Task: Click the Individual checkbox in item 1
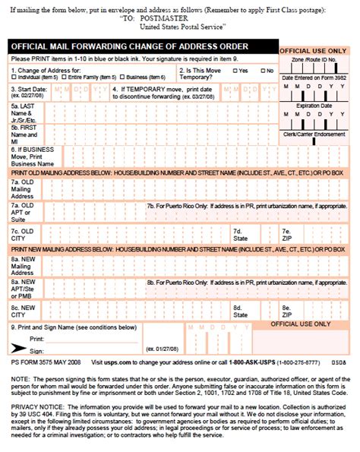click(15, 77)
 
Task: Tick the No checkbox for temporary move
click(261, 70)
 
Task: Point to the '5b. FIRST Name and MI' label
click(23, 134)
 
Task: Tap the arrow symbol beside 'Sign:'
click(16, 348)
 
